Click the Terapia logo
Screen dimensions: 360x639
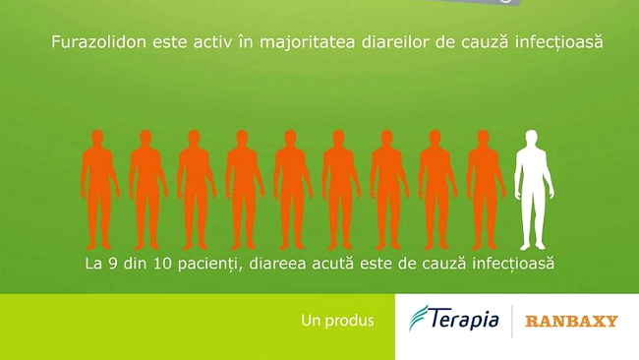[454, 320]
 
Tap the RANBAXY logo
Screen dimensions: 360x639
[571, 321]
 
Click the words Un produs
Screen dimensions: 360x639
[337, 321]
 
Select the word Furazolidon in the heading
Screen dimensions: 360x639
[90, 43]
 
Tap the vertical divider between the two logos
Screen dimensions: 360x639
[511, 321]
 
